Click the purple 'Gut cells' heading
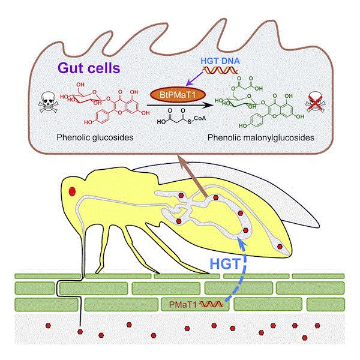point(89,68)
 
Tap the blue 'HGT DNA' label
point(220,61)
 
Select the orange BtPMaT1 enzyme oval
point(178,95)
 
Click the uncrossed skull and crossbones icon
point(48,102)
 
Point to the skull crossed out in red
point(316,103)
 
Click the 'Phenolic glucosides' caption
point(95,137)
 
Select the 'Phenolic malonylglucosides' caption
point(261,137)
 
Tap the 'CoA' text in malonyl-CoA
point(200,118)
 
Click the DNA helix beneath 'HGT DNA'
point(220,70)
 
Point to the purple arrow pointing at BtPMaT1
point(194,79)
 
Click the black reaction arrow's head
point(209,105)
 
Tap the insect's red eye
point(73,191)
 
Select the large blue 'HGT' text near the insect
point(225,263)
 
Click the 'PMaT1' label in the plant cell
point(183,304)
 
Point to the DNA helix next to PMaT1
point(211,304)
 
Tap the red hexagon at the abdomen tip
point(280,247)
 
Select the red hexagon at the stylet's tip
point(80,332)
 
